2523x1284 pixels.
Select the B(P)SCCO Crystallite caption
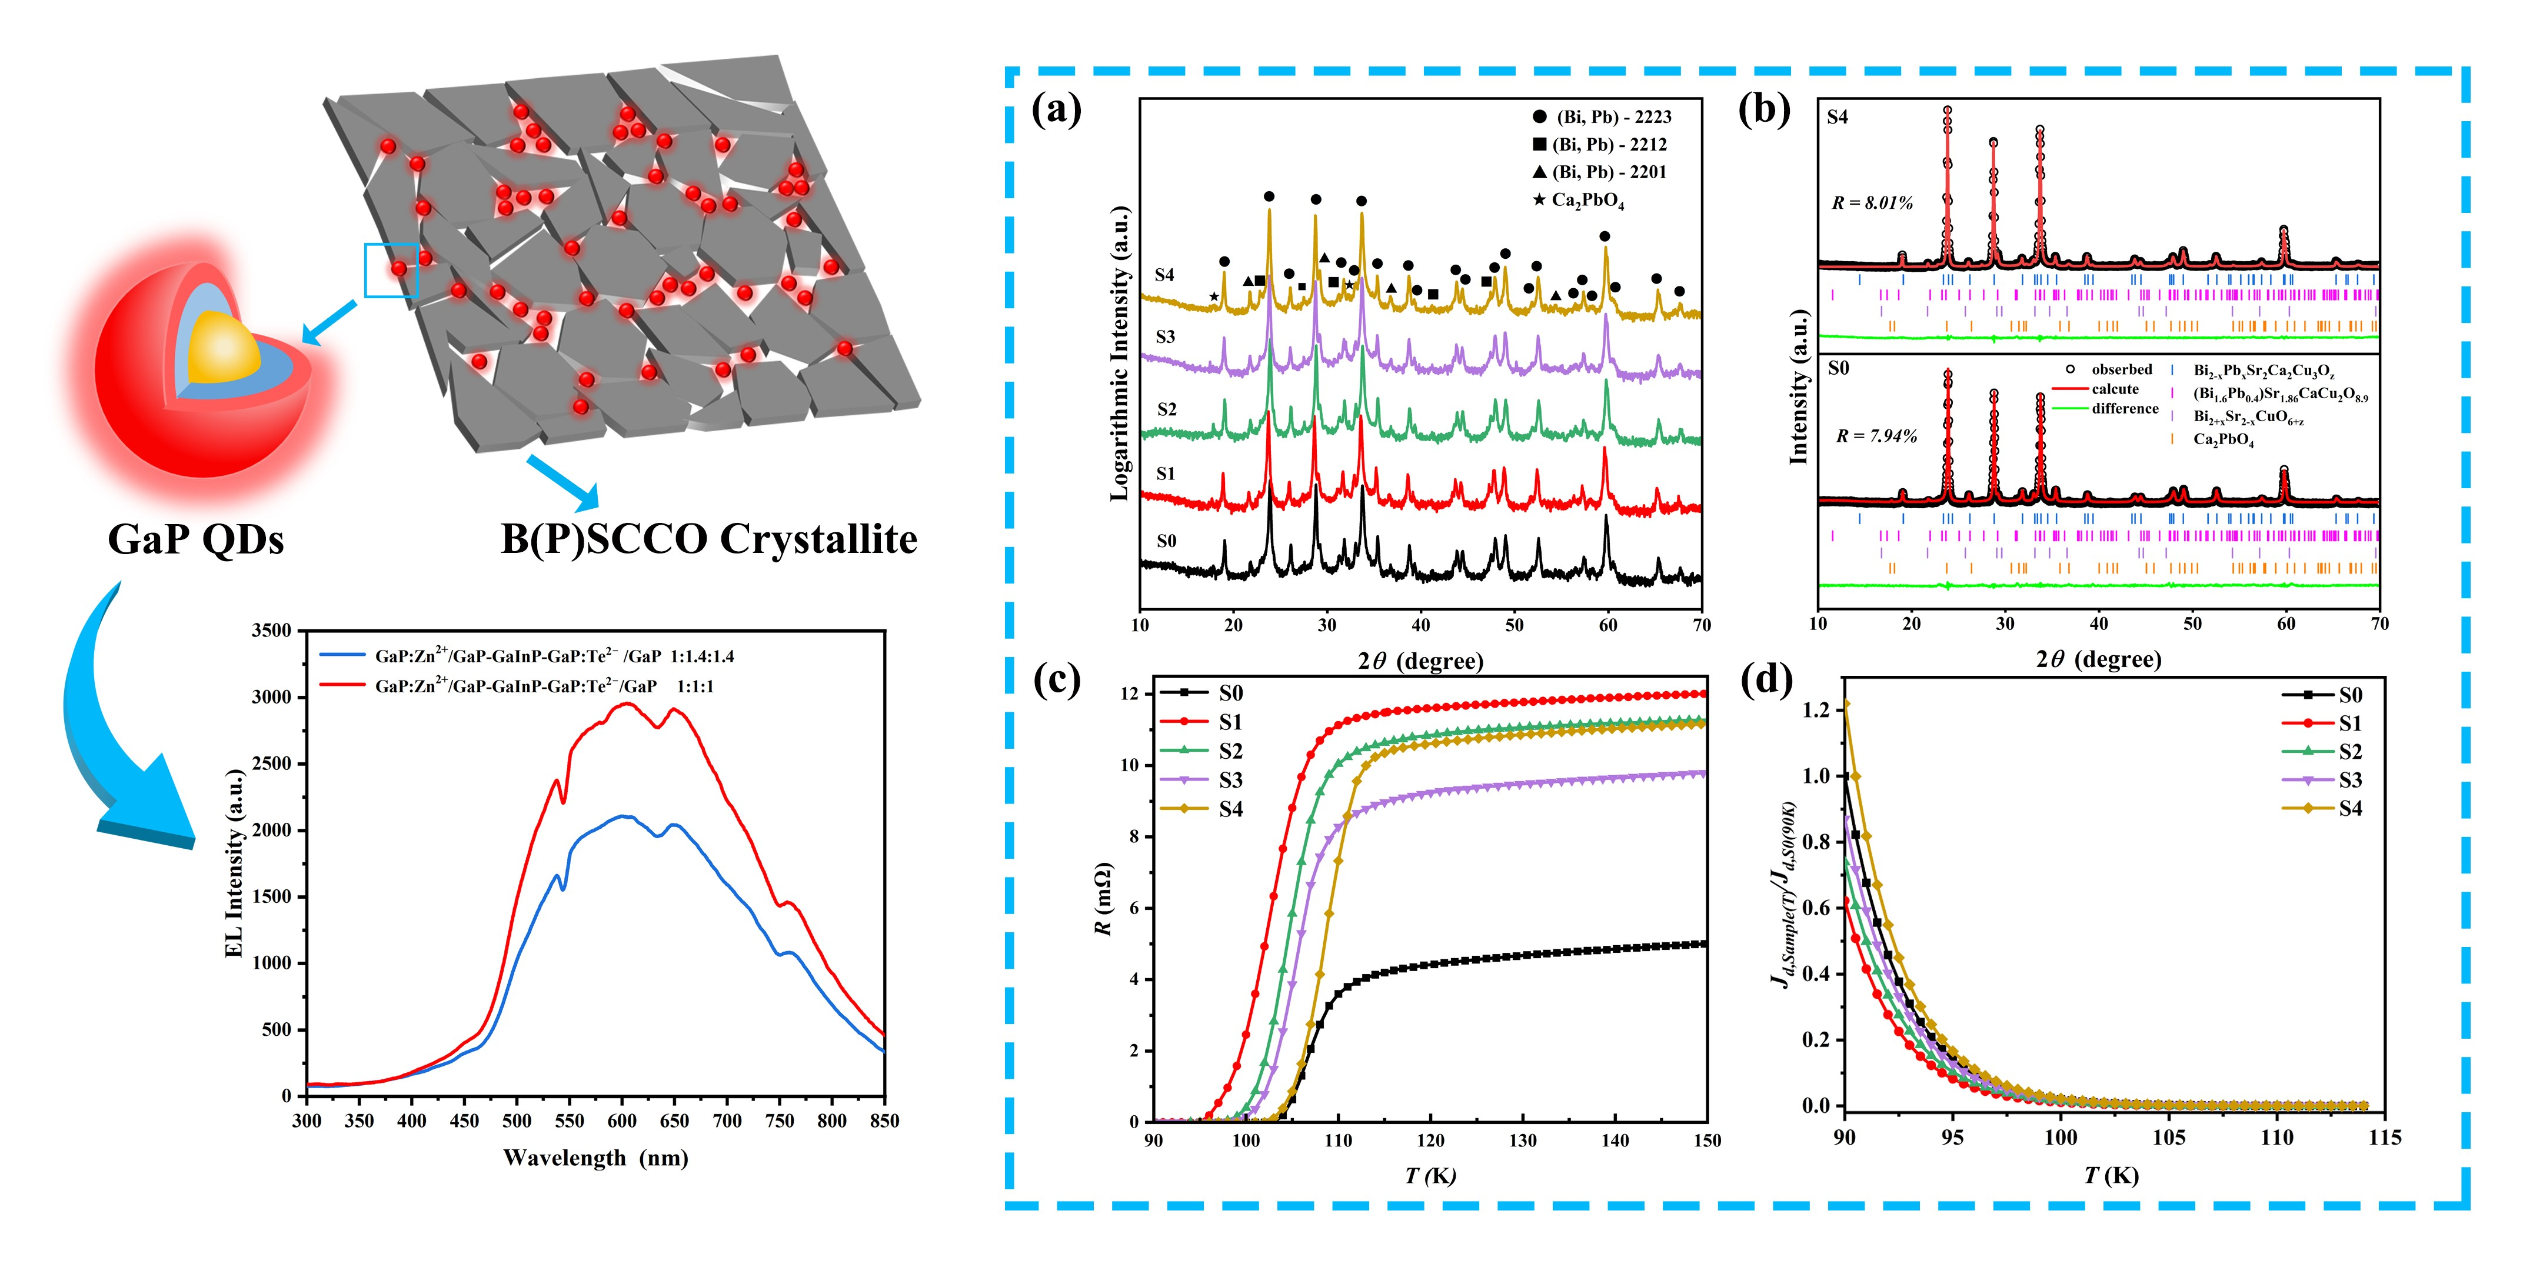coord(708,539)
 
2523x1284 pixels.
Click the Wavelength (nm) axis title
coord(595,1158)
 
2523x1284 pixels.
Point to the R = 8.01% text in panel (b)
coord(1872,204)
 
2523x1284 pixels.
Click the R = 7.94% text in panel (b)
coord(1876,436)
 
